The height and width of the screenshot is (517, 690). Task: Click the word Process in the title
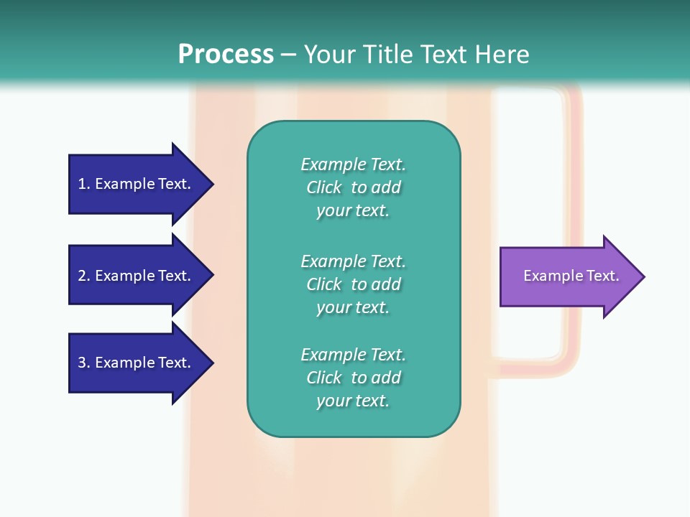pos(226,54)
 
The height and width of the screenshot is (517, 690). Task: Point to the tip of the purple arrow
pos(643,276)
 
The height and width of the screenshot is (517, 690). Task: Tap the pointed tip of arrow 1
pos(211,184)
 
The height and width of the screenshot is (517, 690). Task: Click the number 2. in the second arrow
pos(83,276)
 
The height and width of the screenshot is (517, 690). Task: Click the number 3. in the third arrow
pos(83,363)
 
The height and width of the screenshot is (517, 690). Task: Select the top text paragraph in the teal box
pos(353,187)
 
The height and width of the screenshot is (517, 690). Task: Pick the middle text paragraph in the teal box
pos(353,284)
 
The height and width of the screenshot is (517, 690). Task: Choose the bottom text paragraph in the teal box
pos(353,378)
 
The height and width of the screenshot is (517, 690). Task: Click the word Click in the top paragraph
pos(324,187)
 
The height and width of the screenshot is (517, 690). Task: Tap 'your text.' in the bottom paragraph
pos(353,401)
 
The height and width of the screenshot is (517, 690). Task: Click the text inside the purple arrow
pos(571,276)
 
